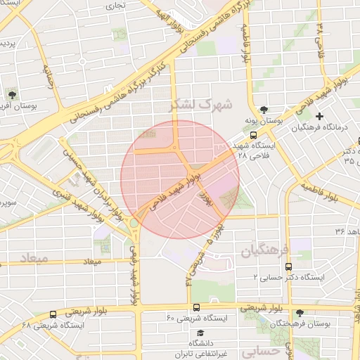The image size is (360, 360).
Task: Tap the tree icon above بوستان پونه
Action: [x=263, y=110]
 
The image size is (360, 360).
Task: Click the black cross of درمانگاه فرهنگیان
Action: [x=320, y=116]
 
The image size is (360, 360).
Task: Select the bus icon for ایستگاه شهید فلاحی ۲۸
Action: [x=253, y=136]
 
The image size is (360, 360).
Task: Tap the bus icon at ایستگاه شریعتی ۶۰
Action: [x=196, y=307]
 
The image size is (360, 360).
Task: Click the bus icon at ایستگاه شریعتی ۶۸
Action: [x=53, y=314]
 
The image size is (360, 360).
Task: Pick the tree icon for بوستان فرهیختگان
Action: [x=300, y=313]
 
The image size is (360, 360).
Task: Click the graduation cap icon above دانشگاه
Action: [x=200, y=333]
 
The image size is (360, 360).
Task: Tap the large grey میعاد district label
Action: [x=34, y=259]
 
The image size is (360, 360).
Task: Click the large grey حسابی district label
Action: [x=261, y=350]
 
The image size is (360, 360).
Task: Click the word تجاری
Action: [x=115, y=6]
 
